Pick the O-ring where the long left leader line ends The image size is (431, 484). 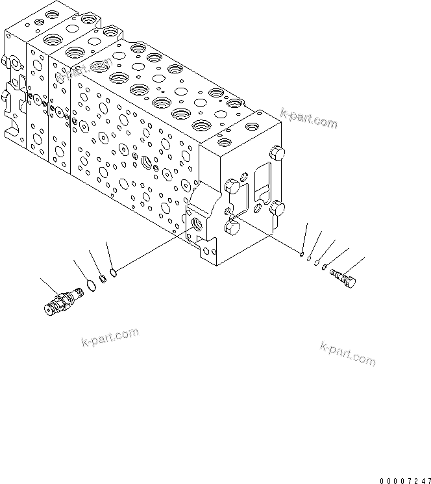(113, 272)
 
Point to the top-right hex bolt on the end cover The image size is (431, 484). (278, 153)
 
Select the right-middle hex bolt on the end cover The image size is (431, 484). (278, 208)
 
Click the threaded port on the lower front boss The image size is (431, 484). (196, 225)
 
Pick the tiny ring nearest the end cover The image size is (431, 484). (302, 253)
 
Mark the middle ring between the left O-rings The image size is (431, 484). (101, 279)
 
